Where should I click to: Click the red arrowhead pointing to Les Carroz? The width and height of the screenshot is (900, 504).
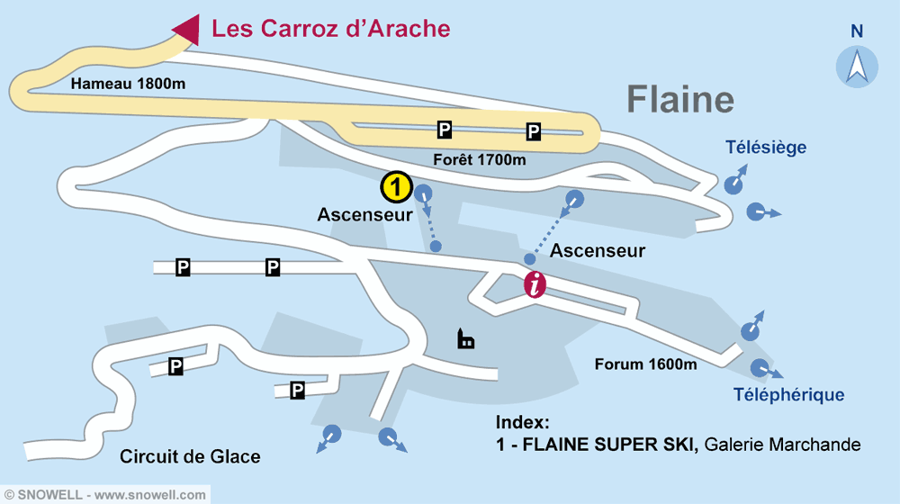(x=187, y=29)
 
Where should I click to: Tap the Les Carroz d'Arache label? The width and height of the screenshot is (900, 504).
(x=330, y=29)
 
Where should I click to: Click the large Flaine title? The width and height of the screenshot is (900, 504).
(x=680, y=99)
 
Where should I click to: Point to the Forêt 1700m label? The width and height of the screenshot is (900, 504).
(x=480, y=160)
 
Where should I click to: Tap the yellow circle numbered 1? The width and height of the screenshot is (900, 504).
(x=396, y=187)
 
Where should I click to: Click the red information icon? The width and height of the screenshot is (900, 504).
(x=535, y=284)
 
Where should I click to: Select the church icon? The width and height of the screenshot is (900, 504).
(x=465, y=339)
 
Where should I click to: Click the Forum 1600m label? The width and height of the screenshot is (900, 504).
(x=645, y=364)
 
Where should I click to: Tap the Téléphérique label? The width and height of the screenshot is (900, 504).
(x=788, y=394)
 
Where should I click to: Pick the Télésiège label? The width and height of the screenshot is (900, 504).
(x=766, y=148)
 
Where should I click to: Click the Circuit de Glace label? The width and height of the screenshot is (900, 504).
(x=190, y=457)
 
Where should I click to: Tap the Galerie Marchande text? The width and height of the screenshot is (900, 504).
(x=783, y=445)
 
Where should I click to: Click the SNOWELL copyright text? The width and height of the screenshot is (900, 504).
(x=104, y=495)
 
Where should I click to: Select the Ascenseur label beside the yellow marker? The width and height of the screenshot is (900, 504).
(x=364, y=215)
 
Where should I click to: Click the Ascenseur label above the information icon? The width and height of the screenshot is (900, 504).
(x=598, y=251)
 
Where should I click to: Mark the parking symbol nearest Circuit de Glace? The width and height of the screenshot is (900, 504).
(x=176, y=365)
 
